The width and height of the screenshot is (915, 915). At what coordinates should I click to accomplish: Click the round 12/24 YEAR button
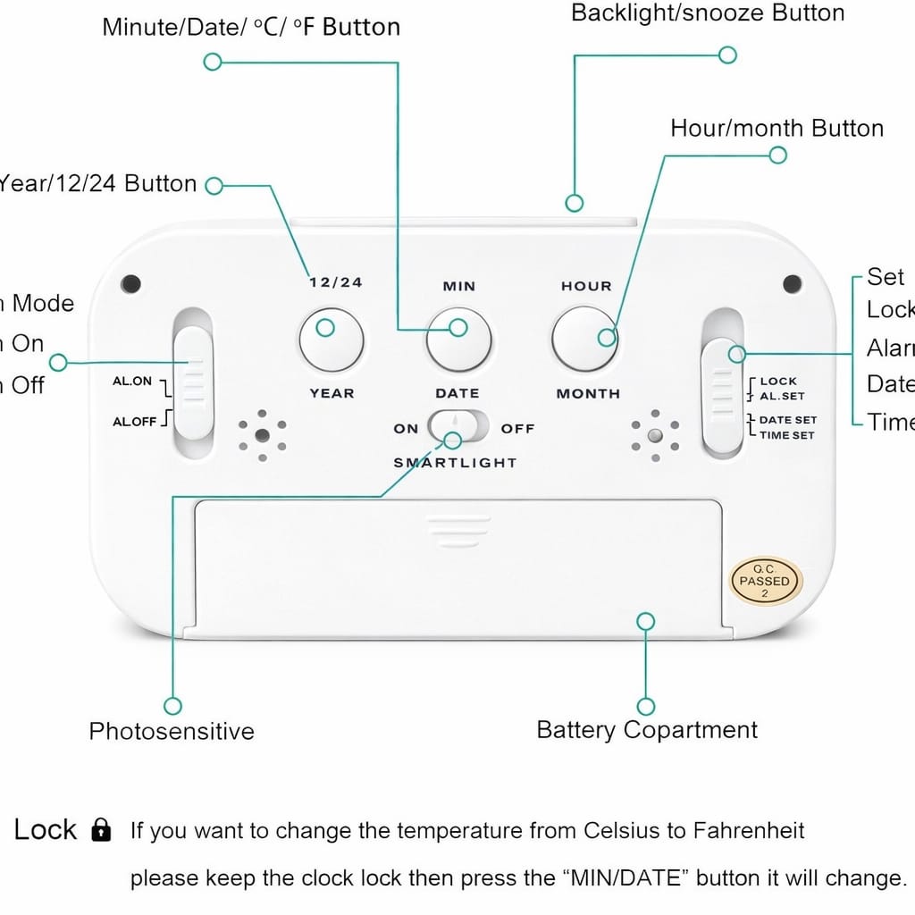pyautogui.click(x=331, y=340)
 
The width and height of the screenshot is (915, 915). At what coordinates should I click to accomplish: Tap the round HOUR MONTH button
pyautogui.click(x=584, y=340)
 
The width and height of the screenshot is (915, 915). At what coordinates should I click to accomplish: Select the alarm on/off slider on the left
pyautogui.click(x=193, y=382)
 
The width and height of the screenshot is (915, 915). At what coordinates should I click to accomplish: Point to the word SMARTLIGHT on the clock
pyautogui.click(x=455, y=463)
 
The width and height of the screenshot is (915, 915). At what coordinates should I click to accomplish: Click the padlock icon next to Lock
pyautogui.click(x=102, y=831)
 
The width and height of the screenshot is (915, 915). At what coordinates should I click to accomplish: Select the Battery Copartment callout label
pyautogui.click(x=646, y=730)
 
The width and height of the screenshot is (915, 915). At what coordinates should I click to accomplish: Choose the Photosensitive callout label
pyautogui.click(x=172, y=732)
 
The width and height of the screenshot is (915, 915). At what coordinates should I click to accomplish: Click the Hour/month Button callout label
pyautogui.click(x=776, y=129)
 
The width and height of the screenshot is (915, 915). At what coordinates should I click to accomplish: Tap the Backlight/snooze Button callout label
pyautogui.click(x=707, y=13)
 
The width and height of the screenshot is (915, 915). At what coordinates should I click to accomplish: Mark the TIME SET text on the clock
pyautogui.click(x=786, y=435)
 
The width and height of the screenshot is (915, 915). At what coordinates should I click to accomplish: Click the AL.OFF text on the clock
pyautogui.click(x=135, y=422)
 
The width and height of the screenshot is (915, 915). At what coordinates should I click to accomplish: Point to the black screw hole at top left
pyautogui.click(x=131, y=284)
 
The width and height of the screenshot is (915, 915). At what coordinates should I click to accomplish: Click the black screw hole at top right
pyautogui.click(x=792, y=284)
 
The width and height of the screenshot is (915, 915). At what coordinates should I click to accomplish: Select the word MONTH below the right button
pyautogui.click(x=588, y=394)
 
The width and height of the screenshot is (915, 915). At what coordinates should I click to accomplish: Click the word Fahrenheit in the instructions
pyautogui.click(x=748, y=831)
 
